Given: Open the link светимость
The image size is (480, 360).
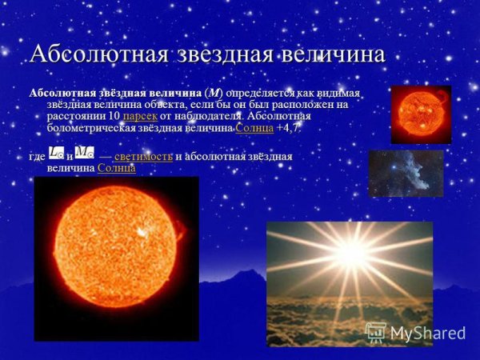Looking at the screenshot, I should pyautogui.click(x=143, y=156).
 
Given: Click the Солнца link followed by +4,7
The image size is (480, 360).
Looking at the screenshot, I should pyautogui.click(x=254, y=128).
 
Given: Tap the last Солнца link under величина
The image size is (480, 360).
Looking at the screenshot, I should pyautogui.click(x=116, y=168).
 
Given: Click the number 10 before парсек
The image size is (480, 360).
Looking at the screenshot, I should pyautogui.click(x=113, y=117).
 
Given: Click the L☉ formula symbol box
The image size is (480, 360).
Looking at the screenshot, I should pyautogui.click(x=57, y=153).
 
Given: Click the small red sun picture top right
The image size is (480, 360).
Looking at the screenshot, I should pyautogui.click(x=420, y=114).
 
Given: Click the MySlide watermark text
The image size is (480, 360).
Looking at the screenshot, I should pyautogui.click(x=427, y=334).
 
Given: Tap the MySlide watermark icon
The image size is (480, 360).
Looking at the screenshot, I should pyautogui.click(x=375, y=332).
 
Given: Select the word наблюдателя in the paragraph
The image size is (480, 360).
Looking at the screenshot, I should pyautogui.click(x=209, y=117).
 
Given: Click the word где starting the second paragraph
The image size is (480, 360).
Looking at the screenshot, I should pyautogui.click(x=37, y=156).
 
